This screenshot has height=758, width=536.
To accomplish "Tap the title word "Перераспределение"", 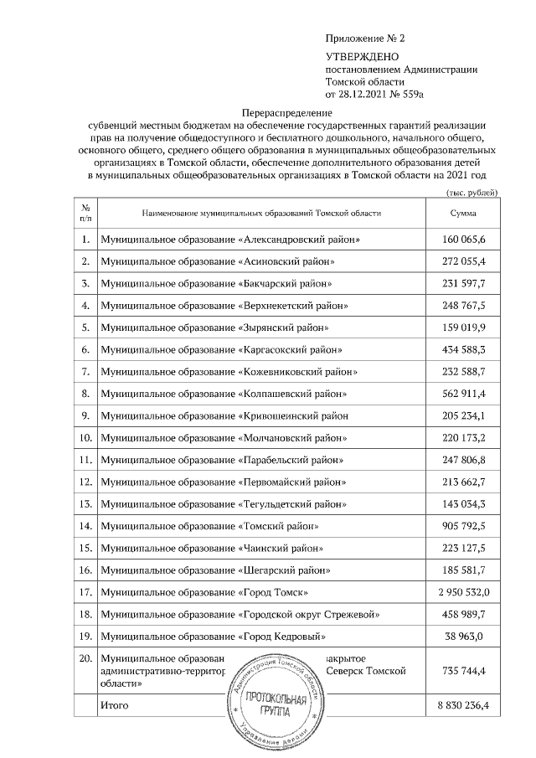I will pos(286,112).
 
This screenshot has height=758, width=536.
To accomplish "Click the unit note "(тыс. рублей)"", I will pos(472,193).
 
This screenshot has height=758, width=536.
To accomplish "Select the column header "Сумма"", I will pos(463,214).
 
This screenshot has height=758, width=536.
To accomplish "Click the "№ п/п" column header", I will pos(85,214).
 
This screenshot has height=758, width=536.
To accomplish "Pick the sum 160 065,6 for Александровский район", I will pos(463,240).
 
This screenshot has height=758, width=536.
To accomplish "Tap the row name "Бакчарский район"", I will pos(290,284).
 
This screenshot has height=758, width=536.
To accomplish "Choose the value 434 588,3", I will pos(463,349).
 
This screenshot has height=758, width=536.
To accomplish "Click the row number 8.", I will pos(85,393).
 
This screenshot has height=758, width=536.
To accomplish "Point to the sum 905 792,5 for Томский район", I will pos(463,526).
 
